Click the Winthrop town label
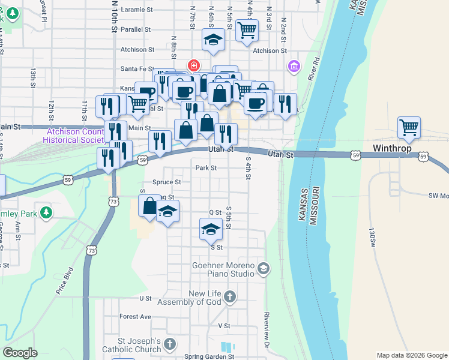tap(391, 148)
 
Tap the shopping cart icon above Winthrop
tap(409, 127)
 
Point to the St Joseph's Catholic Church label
tap(131, 344)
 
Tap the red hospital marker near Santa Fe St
tap(193, 65)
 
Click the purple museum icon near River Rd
tap(294, 65)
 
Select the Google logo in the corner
tap(20, 353)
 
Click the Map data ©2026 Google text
tap(412, 355)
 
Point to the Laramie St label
tap(137, 10)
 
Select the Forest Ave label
tap(135, 316)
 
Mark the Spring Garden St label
tap(208, 356)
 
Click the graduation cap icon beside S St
tap(211, 229)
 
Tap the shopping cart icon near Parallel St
tap(247, 30)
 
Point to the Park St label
tap(206, 168)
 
